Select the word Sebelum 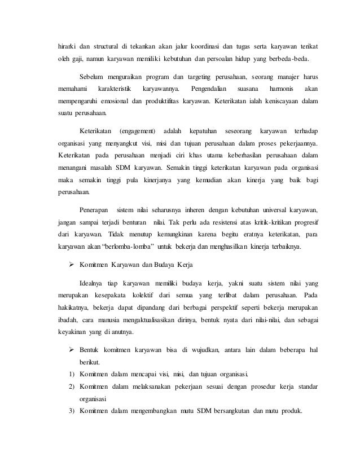(x=93, y=77)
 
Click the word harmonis (x=282, y=89)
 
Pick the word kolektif (x=142, y=296)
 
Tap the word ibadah (x=69, y=320)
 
